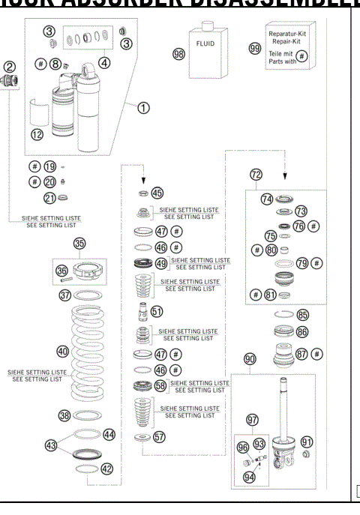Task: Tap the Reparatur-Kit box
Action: (x=288, y=48)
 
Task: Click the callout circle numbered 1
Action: (x=142, y=108)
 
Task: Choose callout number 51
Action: (x=157, y=310)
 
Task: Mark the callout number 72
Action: (x=256, y=175)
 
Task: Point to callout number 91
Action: (x=307, y=442)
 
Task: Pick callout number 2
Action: (x=10, y=67)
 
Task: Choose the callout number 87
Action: (x=302, y=352)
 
